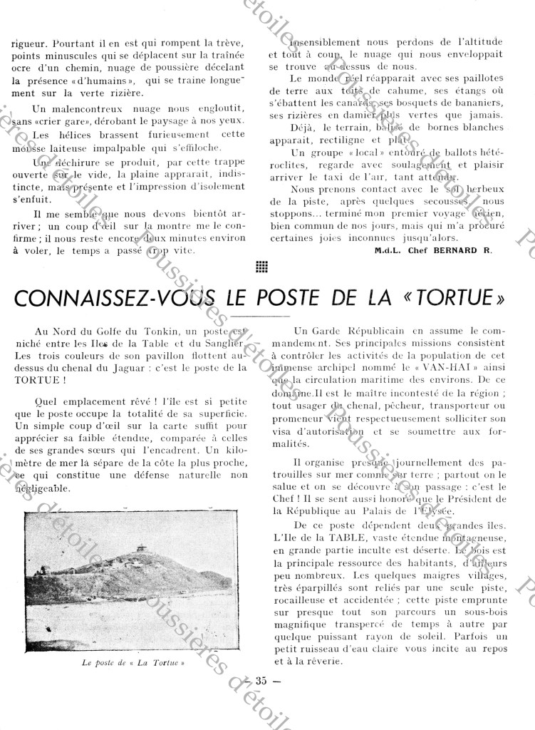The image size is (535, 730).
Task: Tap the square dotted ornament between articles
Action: coord(261,268)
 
